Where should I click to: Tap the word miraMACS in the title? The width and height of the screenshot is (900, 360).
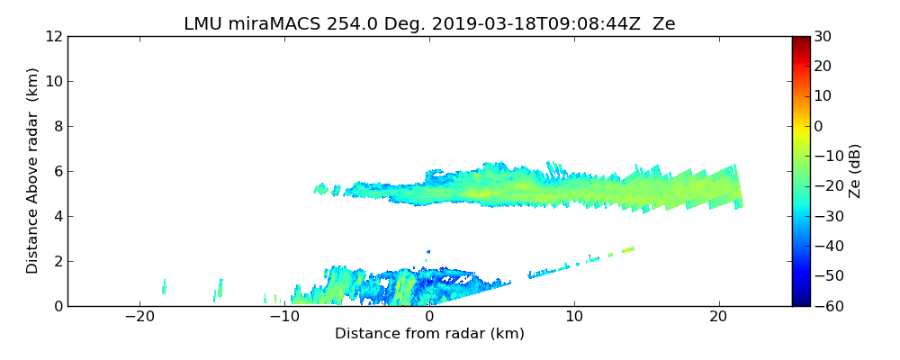[x=264, y=24]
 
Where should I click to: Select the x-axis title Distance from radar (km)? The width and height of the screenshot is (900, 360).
[x=429, y=334]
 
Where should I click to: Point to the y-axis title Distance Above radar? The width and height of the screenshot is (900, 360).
[x=32, y=170]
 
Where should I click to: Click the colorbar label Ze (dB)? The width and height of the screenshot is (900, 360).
[x=855, y=170]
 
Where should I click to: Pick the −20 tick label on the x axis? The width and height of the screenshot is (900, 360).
[x=139, y=317]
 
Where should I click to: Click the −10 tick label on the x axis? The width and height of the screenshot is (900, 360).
[x=284, y=317]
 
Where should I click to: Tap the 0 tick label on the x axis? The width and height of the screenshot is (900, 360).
[x=429, y=317]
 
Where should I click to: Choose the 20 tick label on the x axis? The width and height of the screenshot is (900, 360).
[x=718, y=317]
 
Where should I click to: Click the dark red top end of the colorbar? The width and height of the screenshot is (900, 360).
[x=800, y=40]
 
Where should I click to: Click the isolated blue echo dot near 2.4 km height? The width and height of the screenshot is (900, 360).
[x=428, y=252]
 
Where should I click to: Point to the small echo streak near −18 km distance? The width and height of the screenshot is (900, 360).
[x=164, y=287]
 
